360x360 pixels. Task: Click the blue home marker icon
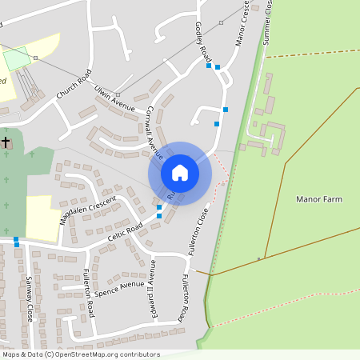(180, 172)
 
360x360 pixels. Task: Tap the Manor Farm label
(319, 198)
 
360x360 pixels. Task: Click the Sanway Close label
(30, 298)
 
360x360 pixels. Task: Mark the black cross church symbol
(6, 142)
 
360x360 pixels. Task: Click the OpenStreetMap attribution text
(80, 354)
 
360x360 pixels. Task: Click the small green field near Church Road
(16, 59)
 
